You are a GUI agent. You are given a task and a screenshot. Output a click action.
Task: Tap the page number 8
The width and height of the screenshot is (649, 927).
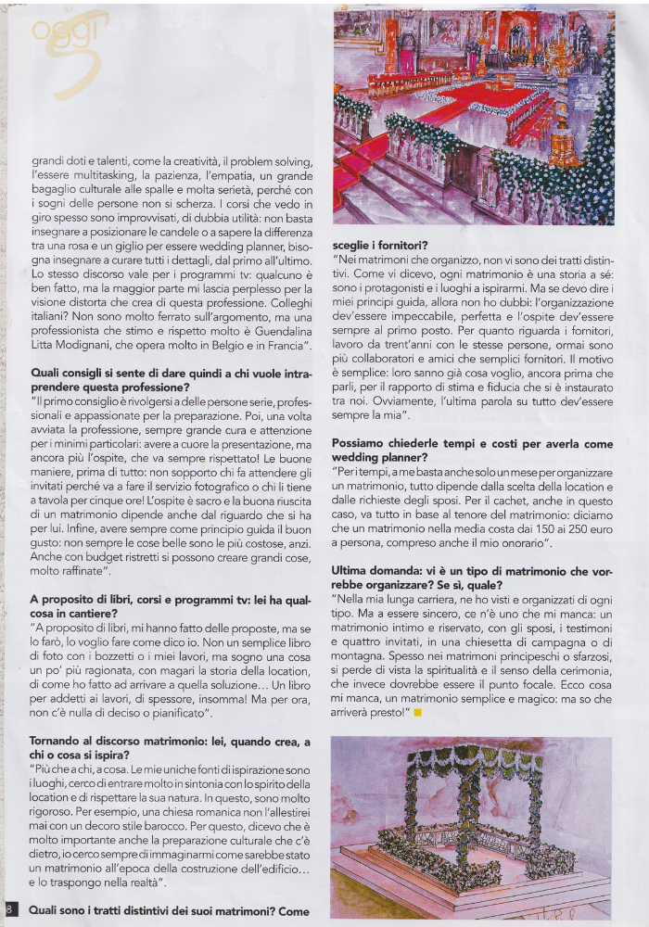click(x=9, y=908)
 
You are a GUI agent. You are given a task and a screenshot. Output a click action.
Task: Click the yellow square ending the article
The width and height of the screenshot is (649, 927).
click(x=418, y=712)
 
